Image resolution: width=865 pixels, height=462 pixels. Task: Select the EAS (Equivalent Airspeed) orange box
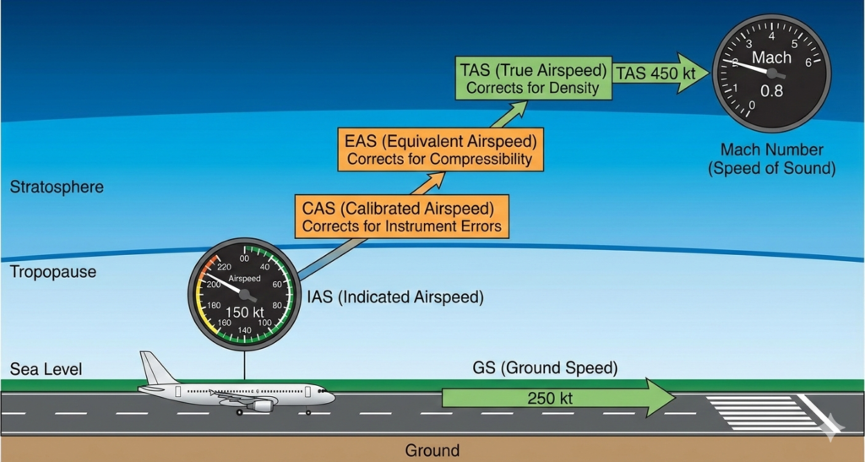coord(439,148)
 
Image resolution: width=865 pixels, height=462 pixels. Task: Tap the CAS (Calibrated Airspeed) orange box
coord(401,215)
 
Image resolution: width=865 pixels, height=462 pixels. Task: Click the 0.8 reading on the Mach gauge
coord(771,91)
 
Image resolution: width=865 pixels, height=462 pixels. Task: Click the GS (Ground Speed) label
coord(545,368)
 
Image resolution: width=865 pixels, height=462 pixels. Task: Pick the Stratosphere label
coord(57,187)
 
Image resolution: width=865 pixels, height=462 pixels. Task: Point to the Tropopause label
coord(52,272)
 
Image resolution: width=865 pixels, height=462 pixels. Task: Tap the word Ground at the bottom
coord(432,450)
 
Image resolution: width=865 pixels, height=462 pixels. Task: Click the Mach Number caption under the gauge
coord(771,159)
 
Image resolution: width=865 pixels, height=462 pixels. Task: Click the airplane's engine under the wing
coord(261,405)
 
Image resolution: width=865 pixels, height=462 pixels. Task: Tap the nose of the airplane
coord(331,395)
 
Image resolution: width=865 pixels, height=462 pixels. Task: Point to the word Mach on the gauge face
coord(771,57)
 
